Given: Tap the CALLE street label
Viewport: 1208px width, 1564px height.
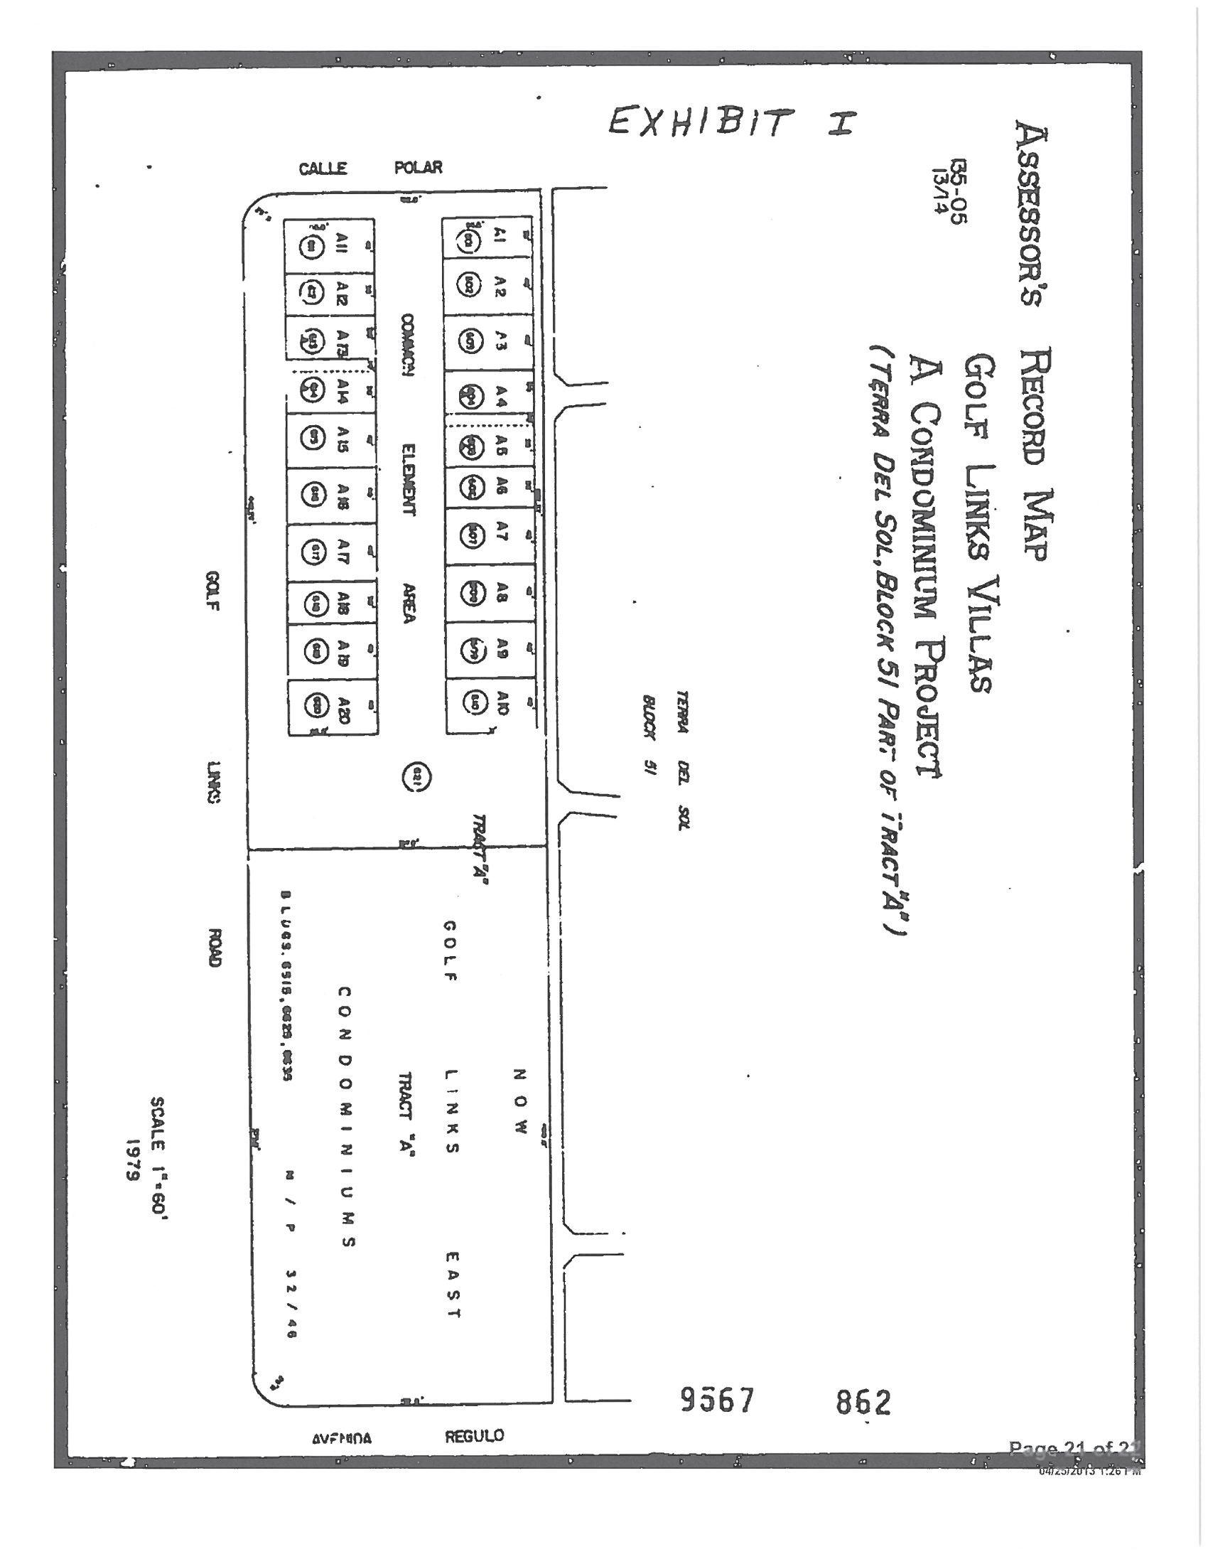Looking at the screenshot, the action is tap(323, 168).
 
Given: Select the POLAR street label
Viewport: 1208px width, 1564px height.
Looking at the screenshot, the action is tap(419, 168).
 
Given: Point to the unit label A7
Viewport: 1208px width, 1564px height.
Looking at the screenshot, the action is tap(501, 530).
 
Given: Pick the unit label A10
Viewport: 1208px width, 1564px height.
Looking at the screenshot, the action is tap(502, 700).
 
